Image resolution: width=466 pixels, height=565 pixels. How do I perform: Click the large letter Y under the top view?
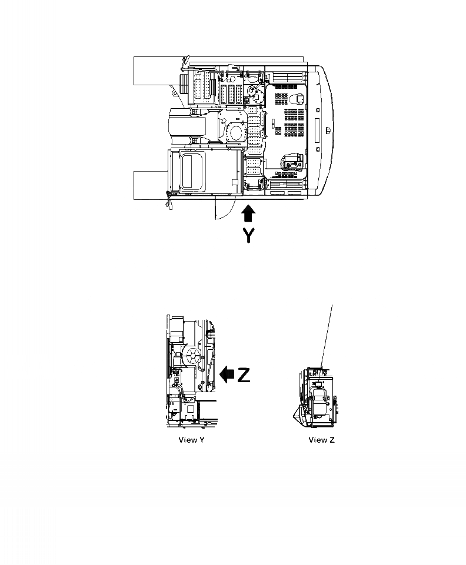click(x=249, y=236)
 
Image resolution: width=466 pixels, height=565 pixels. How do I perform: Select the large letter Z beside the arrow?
click(x=244, y=374)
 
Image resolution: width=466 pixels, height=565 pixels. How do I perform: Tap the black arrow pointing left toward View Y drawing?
click(x=226, y=373)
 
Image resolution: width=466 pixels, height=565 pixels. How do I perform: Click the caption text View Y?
click(x=191, y=440)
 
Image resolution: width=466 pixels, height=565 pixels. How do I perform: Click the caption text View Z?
click(x=321, y=440)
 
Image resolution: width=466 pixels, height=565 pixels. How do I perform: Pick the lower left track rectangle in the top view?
click(x=150, y=185)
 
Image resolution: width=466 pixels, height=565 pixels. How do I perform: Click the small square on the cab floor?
click(x=234, y=183)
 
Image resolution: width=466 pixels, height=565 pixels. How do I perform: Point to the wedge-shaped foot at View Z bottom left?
click(x=299, y=414)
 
